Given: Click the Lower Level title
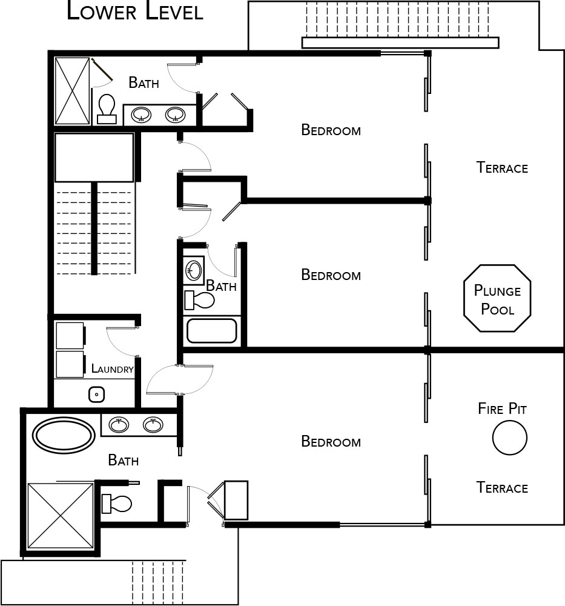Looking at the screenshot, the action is coord(135,11).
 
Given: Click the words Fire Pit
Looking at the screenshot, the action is coord(502,408).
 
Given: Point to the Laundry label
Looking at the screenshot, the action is coord(113,368).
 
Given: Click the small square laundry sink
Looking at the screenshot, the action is coord(96,395).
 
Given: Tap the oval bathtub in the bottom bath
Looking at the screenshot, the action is coord(64,435).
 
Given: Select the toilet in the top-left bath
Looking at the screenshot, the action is coord(107,109).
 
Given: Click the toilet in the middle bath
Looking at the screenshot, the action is coord(200,301).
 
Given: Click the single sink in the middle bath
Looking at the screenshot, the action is coord(194,270).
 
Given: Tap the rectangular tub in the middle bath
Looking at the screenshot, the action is coord(211,331).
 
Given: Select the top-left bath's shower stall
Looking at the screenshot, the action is coord(72,92).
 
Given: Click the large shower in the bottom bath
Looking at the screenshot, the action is coord(61,516).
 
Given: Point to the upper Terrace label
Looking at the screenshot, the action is coord(502,168).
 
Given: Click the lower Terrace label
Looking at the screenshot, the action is coord(502,488).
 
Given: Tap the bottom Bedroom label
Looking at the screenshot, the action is coord(331,441).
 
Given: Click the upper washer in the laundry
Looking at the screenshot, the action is coord(70,336).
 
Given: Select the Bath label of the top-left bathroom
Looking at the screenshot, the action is coord(144,82).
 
